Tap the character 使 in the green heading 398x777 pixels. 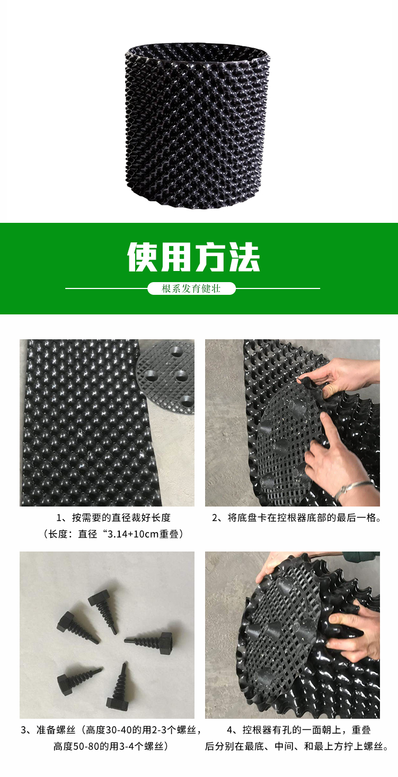(144, 257)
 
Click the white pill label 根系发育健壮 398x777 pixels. (191, 288)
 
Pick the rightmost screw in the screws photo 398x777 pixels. (151, 638)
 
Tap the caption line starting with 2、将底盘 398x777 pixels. (297, 518)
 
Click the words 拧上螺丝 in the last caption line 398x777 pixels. (365, 747)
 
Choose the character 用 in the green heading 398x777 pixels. (176, 257)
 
